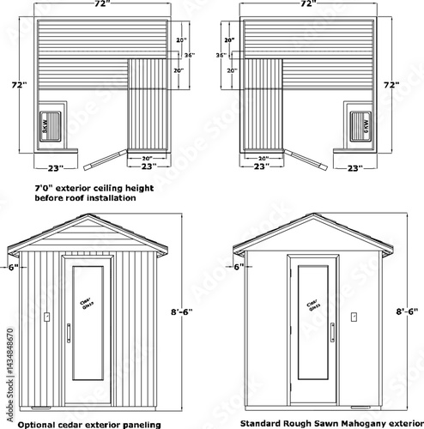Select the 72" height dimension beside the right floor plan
391,87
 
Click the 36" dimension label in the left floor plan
191,56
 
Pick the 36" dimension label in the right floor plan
221,56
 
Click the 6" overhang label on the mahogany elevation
238,267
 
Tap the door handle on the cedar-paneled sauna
70,331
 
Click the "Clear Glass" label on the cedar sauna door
88,305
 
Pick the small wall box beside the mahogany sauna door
354,316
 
